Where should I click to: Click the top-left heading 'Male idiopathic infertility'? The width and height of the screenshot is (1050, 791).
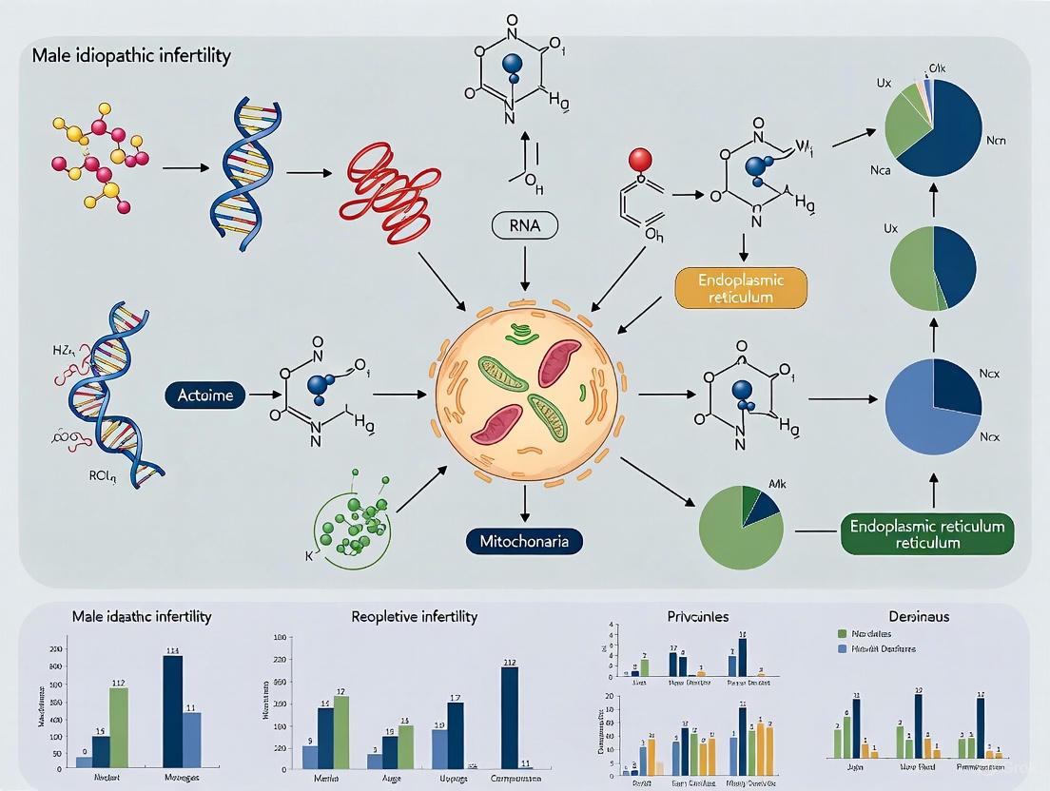pos(131,56)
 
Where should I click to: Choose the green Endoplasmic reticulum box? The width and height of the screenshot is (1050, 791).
pos(927,534)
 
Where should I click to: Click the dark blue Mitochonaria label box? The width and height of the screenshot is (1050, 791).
pos(524,541)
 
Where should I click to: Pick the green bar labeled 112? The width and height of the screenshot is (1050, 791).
pos(118,727)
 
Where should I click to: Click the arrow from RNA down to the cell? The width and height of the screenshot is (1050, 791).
pos(525,271)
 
